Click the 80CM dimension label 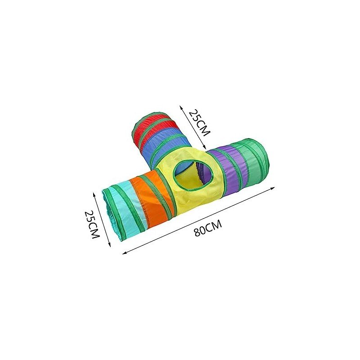point(208,228)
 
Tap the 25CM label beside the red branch point(199,123)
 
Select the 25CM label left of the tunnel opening point(92,224)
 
